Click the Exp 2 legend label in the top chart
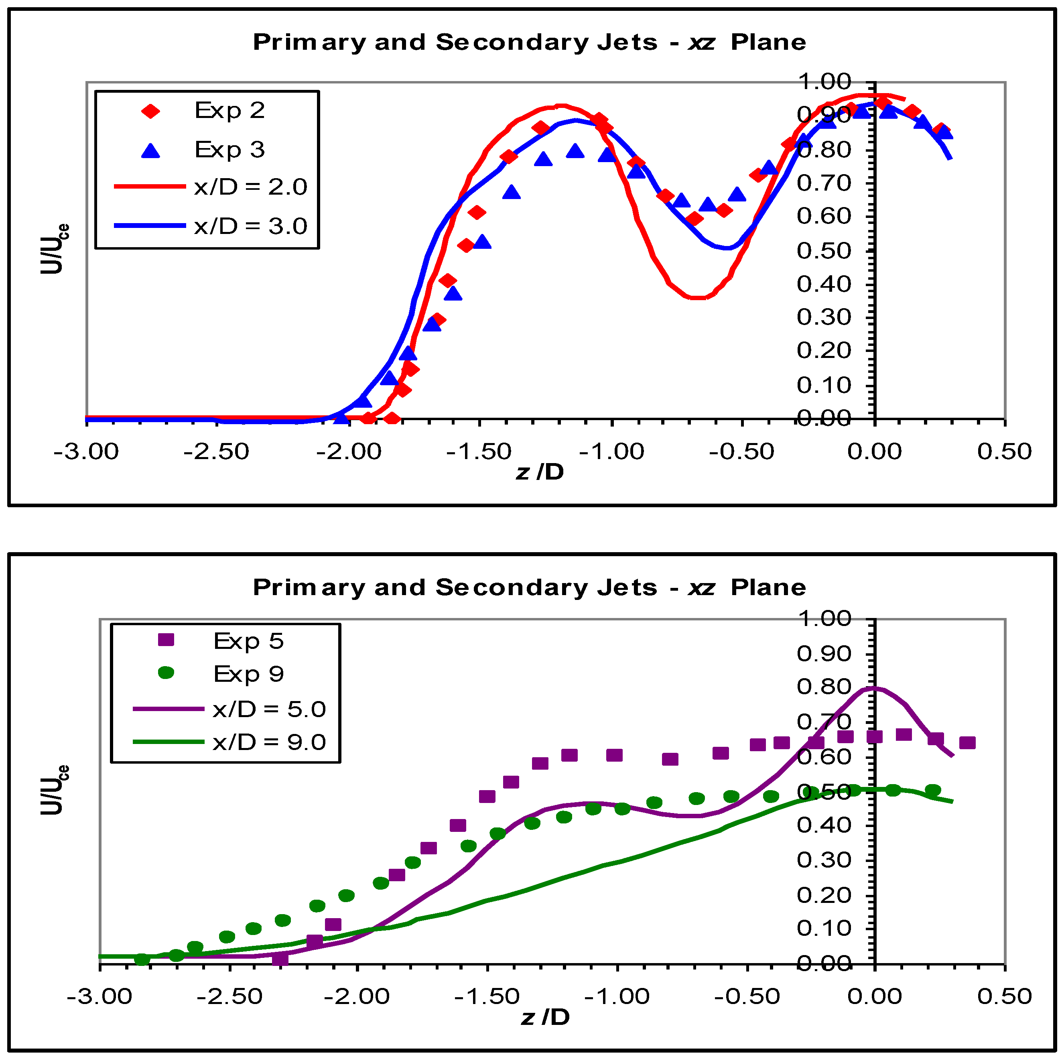[x=230, y=110]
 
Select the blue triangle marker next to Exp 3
[x=150, y=150]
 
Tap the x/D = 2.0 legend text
[x=251, y=187]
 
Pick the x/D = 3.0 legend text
[x=251, y=226]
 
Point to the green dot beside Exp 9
[x=166, y=673]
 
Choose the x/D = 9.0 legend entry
[x=269, y=742]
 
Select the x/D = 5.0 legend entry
[x=269, y=709]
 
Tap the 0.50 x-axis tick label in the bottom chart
[x=1004, y=996]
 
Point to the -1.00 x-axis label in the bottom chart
[x=617, y=996]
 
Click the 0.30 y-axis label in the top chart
[x=823, y=317]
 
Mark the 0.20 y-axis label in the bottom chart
[x=823, y=895]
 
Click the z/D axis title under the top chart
[x=540, y=472]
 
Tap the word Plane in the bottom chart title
[x=768, y=588]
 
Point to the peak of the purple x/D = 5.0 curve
[x=873, y=688]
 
